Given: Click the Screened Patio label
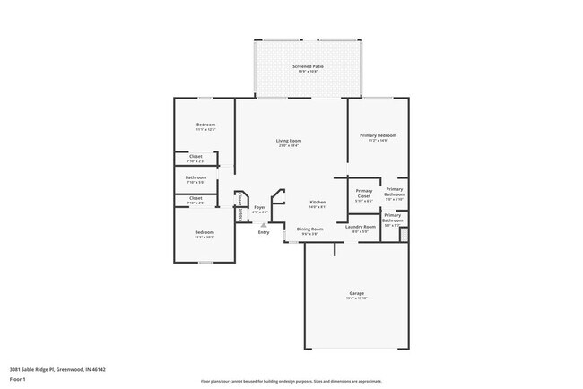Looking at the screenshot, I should pyautogui.click(x=309, y=66).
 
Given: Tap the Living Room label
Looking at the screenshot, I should pyautogui.click(x=288, y=141).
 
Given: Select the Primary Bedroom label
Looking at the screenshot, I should pyautogui.click(x=378, y=135).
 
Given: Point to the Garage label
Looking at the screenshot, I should pyautogui.click(x=356, y=293).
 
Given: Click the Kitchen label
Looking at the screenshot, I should pyautogui.click(x=318, y=202).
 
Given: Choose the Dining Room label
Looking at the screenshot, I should pyautogui.click(x=310, y=229).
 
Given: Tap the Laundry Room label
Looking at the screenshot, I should pyautogui.click(x=361, y=227).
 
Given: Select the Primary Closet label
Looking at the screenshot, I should pyautogui.click(x=363, y=193).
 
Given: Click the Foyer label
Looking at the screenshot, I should pyautogui.click(x=259, y=207).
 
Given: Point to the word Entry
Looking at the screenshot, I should pyautogui.click(x=264, y=233).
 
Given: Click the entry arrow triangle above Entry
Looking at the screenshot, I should pyautogui.click(x=263, y=224).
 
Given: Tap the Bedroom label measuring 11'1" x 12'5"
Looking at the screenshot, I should pyautogui.click(x=205, y=125).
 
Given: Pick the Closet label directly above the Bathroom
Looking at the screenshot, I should pyautogui.click(x=196, y=156).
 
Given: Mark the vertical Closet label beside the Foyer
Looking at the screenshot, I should pyautogui.click(x=240, y=213).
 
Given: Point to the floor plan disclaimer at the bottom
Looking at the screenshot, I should pyautogui.click(x=291, y=380).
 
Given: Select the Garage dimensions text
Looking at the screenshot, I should pyautogui.click(x=356, y=298).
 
